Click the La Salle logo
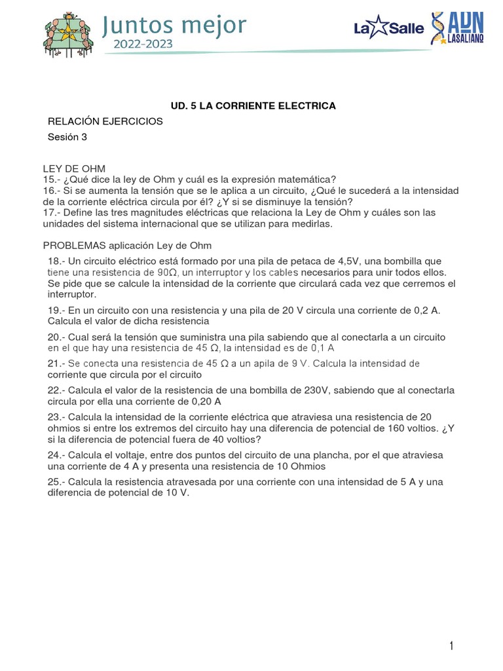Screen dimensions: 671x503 pos(388,28)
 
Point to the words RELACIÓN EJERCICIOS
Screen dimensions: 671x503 pos(105,121)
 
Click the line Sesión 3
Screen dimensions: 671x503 pos(67,137)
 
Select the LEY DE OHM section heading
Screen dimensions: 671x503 pos(74,169)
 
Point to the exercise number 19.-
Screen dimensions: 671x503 pos(56,310)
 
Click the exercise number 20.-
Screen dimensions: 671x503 pos(56,337)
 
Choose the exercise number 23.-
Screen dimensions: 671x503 pos(56,417)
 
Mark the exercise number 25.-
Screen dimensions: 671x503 pos(56,482)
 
